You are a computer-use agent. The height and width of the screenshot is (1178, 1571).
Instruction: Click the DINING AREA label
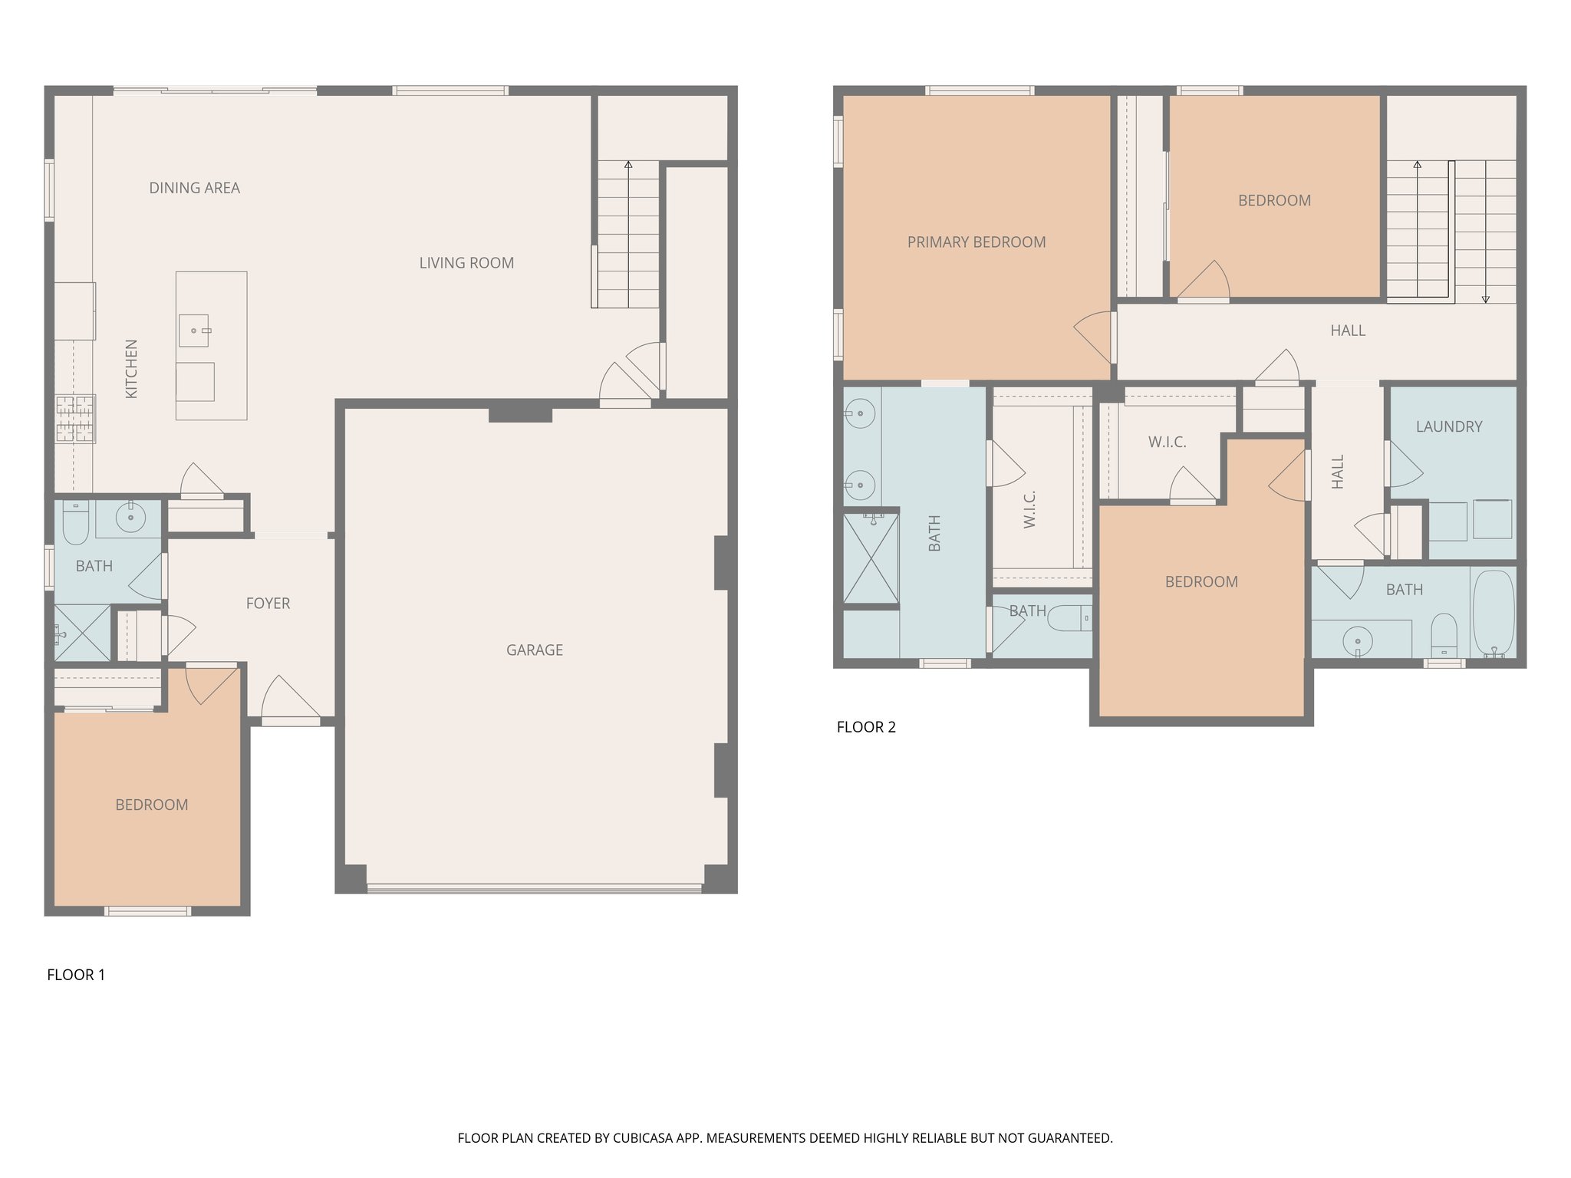pyautogui.click(x=194, y=188)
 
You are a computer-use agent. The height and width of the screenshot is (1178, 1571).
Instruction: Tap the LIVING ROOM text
pyautogui.click(x=466, y=263)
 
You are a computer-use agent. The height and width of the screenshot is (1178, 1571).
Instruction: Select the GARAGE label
pyautogui.click(x=535, y=650)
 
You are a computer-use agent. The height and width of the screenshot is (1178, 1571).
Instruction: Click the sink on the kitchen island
pyautogui.click(x=193, y=331)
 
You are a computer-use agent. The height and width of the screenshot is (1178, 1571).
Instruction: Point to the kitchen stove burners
pyautogui.click(x=74, y=419)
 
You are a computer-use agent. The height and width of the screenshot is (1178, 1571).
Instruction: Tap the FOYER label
pyautogui.click(x=268, y=604)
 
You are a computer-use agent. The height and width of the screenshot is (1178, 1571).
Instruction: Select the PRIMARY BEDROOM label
pyautogui.click(x=976, y=242)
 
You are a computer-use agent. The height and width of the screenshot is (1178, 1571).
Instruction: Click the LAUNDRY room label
pyautogui.click(x=1448, y=426)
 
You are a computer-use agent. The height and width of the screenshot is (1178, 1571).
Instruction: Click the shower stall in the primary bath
pyautogui.click(x=871, y=558)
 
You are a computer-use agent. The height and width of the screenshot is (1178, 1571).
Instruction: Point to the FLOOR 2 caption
pyautogui.click(x=866, y=727)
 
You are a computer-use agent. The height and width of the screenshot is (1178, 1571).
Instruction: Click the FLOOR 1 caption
pyautogui.click(x=76, y=975)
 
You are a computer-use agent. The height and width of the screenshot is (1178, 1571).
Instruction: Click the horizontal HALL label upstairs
pyautogui.click(x=1347, y=331)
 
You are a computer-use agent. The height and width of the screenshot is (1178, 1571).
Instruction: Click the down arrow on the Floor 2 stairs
pyautogui.click(x=1485, y=298)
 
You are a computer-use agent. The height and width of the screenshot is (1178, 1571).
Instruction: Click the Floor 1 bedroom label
pyautogui.click(x=152, y=805)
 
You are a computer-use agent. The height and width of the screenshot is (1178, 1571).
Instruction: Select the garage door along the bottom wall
pyautogui.click(x=534, y=889)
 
